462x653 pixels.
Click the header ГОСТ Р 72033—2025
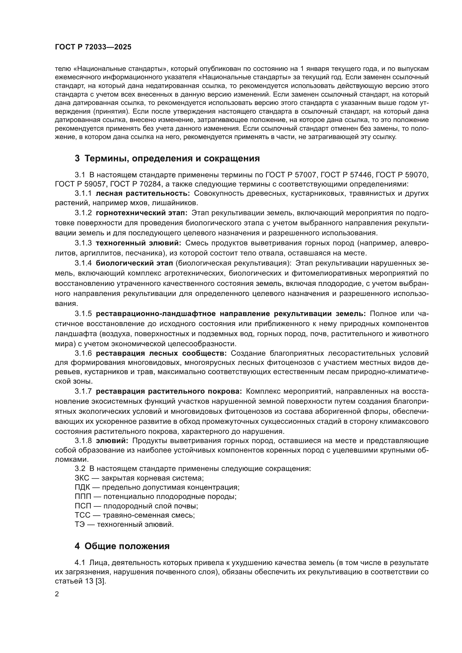point(93,47)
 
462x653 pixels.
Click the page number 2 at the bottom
point(57,594)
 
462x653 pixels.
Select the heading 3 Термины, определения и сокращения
point(167,158)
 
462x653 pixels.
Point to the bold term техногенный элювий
point(138,243)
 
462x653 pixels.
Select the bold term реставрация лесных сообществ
point(161,353)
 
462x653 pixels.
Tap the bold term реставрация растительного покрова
point(169,391)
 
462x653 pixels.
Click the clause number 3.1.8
point(83,441)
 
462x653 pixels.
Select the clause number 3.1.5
point(83,314)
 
